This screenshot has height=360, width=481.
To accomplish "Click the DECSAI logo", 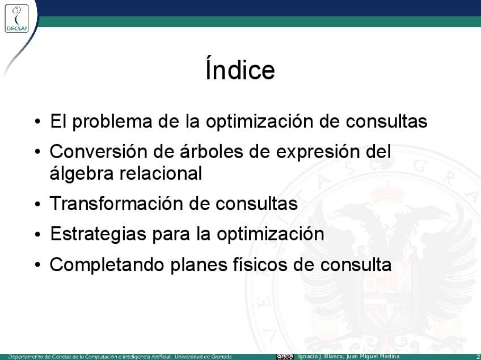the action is pos(16,18).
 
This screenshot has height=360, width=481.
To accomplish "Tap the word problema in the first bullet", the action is pos(112,122).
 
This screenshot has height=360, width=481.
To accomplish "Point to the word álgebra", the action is pos(82,173).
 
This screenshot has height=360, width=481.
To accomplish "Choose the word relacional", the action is pos(161,173).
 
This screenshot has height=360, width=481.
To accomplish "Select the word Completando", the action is pos(107,265).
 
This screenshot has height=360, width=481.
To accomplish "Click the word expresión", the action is pos(318,152).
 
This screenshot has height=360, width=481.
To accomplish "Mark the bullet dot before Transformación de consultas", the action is pos(37,204).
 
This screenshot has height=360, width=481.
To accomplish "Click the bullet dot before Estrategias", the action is pos(37,235).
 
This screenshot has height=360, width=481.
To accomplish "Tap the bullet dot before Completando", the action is pos(37,265).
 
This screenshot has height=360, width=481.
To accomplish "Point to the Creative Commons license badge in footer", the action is pos(285,357).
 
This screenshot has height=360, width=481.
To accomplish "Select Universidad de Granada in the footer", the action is pos(204,357).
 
